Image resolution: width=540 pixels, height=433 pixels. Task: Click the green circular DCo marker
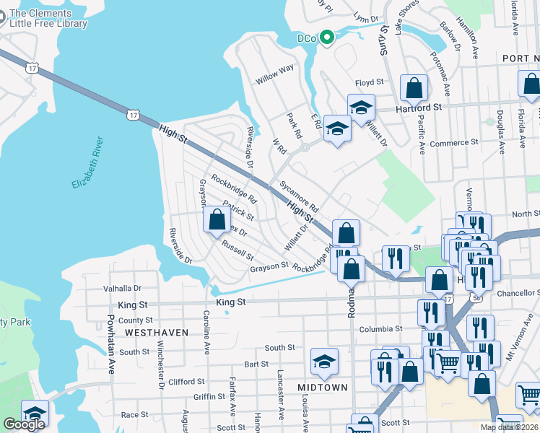[326, 38]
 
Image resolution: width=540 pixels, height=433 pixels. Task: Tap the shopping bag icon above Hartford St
[414, 89]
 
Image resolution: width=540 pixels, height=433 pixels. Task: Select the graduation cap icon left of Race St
[35, 413]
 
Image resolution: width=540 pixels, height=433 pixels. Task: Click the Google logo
[24, 424]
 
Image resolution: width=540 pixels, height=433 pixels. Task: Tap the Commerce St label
[454, 143]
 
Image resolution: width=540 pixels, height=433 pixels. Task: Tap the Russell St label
[238, 250]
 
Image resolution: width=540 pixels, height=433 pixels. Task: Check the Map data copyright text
[510, 427]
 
